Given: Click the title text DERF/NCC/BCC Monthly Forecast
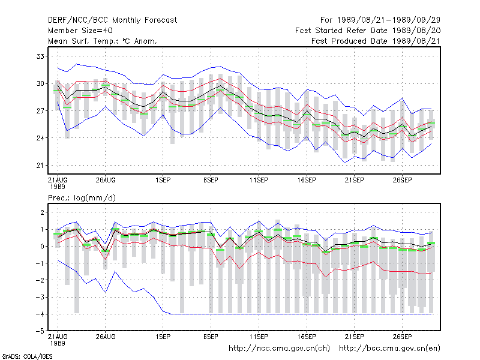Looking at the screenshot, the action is point(112,20).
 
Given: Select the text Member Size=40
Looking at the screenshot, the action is point(80,31).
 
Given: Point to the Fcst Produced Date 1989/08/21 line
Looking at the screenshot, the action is point(376,41).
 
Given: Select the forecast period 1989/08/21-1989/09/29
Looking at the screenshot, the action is point(388,20).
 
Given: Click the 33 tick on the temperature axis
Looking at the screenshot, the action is point(40,56).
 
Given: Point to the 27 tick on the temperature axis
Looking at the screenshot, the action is point(40,111).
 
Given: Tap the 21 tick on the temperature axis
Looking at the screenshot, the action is point(40,166).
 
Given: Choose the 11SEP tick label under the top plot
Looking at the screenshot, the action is point(259,180).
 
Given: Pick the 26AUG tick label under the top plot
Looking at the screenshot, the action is point(106,180).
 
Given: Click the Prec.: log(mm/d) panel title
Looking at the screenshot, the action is point(82,198).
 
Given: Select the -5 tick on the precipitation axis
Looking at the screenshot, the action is point(40,331).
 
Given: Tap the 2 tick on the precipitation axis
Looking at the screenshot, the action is point(42,212).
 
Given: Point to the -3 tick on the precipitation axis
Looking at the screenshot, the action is point(40,297).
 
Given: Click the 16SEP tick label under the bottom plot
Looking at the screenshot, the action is point(307,337).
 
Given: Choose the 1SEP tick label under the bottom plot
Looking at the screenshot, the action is point(163,337).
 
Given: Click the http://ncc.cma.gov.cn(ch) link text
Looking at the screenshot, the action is point(279,349).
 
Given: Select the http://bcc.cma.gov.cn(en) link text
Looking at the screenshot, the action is point(389,349).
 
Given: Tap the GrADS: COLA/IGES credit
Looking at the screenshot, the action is point(27,356).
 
